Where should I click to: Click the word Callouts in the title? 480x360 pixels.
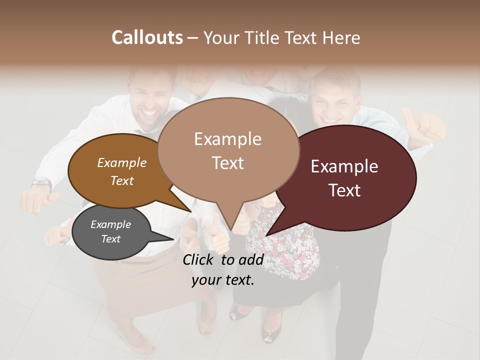pos(147,37)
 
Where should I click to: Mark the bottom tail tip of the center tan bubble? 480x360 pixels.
pos(231,230)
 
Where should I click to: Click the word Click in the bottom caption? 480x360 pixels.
pos(199,259)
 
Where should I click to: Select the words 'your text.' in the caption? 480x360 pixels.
pos(223,280)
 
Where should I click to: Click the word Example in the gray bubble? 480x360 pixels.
pos(110,224)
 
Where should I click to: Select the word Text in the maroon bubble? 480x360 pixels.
pos(345,190)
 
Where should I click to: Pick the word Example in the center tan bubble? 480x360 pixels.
pos(227,139)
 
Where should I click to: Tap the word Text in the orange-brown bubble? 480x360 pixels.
pos(121,180)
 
